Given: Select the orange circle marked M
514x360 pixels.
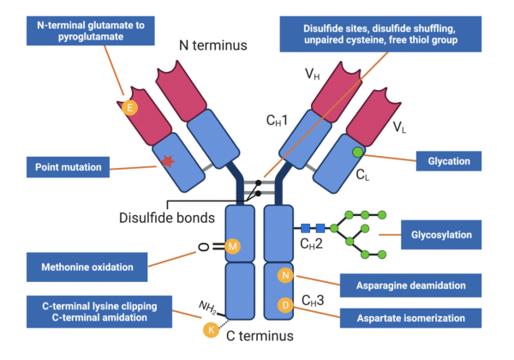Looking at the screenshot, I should pos(234,246).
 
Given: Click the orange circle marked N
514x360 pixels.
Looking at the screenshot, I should pos(286,275).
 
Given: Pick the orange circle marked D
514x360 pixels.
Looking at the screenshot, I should pos(286,305).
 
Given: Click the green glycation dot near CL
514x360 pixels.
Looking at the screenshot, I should pos(356,153).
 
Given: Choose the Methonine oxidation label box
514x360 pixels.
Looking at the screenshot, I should pos(87,267).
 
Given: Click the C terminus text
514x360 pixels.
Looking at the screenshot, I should pos(260,335).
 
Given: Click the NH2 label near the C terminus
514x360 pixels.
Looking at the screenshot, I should pos(208,305).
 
